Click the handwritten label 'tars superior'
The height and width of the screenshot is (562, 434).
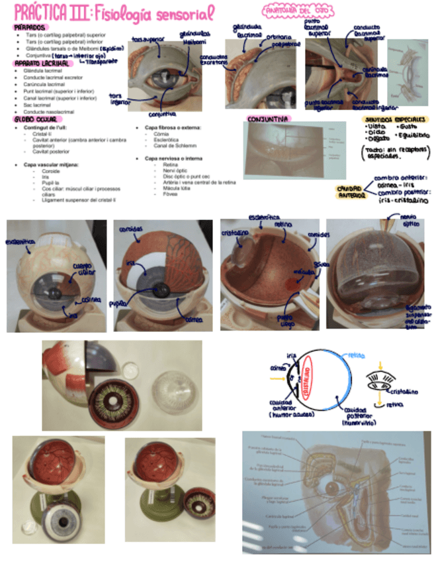(x=146, y=39)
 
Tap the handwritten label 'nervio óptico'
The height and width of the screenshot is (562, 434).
(x=404, y=220)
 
